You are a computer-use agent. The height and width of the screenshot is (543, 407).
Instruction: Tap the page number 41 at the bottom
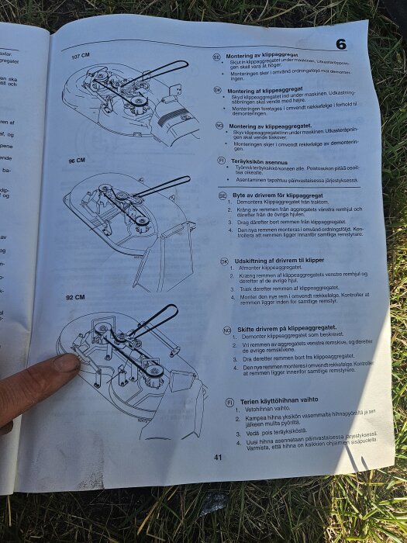click(x=218, y=457)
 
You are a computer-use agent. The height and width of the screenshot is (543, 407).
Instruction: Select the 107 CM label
click(x=81, y=57)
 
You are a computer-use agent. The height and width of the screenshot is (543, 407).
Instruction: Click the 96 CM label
click(x=77, y=161)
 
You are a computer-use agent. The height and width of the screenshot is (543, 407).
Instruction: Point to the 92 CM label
click(x=74, y=297)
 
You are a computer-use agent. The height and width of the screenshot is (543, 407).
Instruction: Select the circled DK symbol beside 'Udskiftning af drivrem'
click(x=225, y=261)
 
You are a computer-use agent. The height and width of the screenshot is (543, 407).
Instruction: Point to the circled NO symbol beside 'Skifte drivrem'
click(x=227, y=330)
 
